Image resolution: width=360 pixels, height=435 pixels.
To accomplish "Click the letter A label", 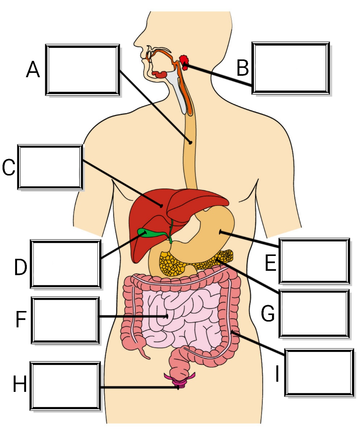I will [33, 70].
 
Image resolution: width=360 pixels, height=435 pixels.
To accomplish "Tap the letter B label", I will [242, 68].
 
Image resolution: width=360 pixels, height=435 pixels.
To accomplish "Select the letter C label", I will [9, 167].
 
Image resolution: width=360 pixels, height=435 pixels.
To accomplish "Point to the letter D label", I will [21, 267].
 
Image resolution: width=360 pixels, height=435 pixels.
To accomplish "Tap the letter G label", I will [268, 314].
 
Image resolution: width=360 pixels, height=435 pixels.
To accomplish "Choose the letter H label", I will [20, 384].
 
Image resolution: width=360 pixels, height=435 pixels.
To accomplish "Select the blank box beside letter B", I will [291, 68].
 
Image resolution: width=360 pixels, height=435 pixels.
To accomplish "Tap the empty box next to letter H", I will [66, 385].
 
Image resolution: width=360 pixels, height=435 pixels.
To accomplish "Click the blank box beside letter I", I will [319, 372].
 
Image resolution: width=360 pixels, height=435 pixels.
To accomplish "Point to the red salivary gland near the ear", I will [184, 61].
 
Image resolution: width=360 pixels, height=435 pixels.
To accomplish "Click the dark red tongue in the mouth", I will [159, 74].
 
